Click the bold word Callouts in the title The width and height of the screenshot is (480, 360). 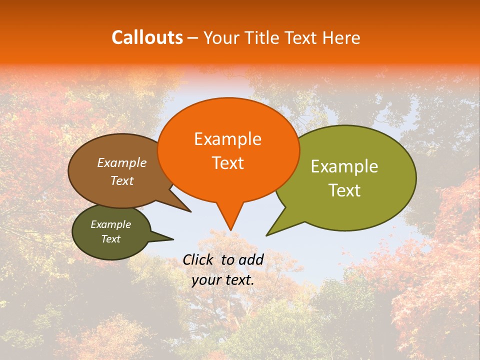click(x=147, y=37)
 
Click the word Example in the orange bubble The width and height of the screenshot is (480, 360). click(x=227, y=139)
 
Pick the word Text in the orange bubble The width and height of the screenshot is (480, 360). click(x=227, y=163)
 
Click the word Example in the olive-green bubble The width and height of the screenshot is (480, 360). click(x=344, y=166)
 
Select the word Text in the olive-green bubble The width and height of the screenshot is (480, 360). click(x=345, y=190)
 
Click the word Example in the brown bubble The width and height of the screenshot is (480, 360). click(x=122, y=162)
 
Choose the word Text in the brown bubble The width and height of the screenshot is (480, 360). click(x=122, y=180)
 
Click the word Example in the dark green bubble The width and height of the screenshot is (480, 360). click(x=110, y=224)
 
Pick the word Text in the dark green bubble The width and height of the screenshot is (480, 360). click(x=111, y=239)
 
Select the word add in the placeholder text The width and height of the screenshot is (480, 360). click(x=251, y=259)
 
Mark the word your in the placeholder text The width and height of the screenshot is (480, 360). click(x=205, y=280)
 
